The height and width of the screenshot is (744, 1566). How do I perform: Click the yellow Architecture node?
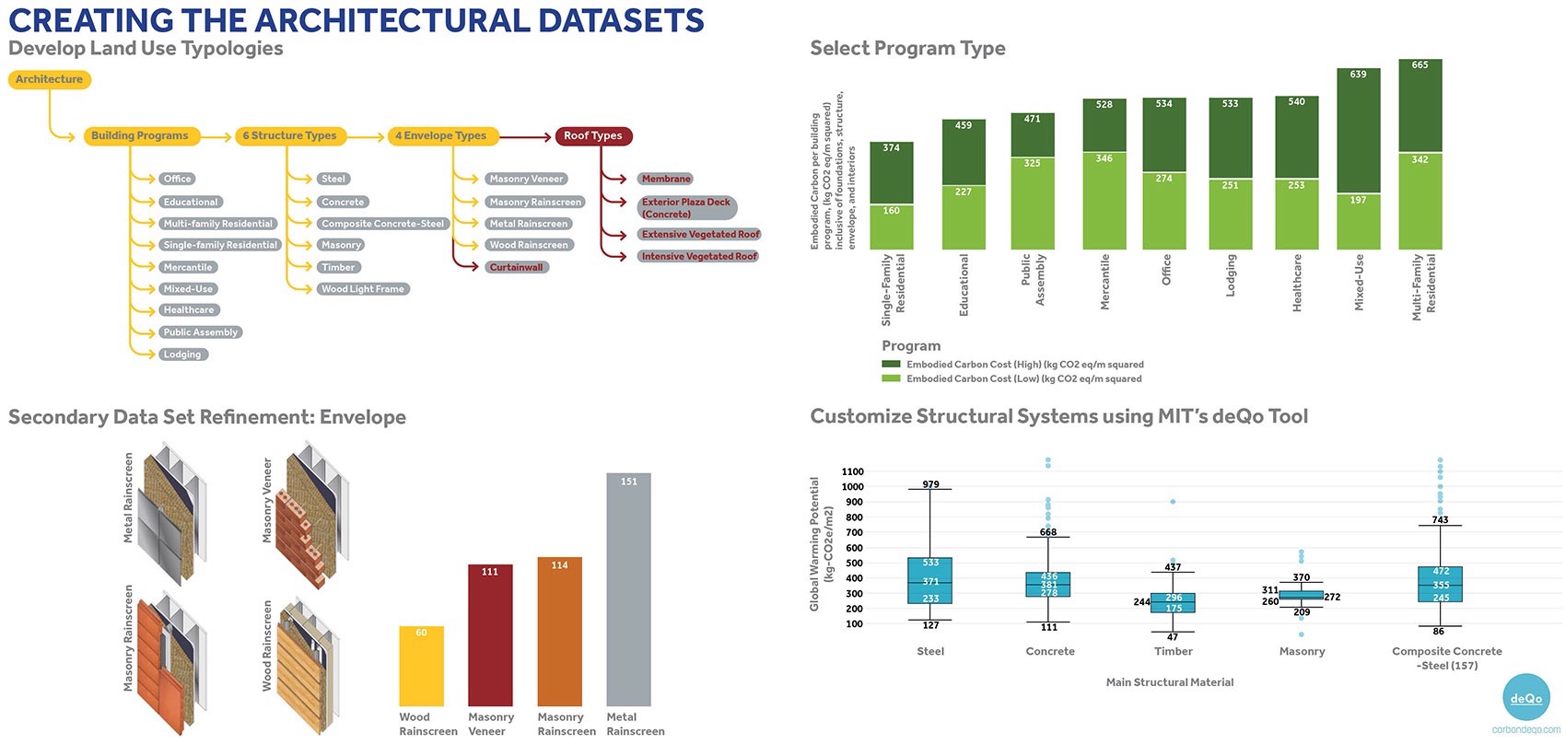[49, 79]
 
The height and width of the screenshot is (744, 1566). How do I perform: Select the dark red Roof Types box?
[592, 135]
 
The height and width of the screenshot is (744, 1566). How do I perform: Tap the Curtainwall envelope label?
[516, 267]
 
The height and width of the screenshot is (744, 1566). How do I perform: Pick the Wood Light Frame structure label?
[362, 289]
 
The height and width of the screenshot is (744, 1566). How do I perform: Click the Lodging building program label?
[181, 355]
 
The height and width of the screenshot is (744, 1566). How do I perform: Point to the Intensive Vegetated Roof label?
[698, 256]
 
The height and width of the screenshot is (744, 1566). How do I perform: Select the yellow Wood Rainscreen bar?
[421, 667]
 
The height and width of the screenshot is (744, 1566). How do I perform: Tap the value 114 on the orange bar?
[559, 565]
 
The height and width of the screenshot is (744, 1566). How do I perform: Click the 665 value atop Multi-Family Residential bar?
[1420, 64]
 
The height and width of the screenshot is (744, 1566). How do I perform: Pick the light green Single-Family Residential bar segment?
[891, 227]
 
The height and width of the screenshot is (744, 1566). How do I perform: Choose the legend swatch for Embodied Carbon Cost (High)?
[891, 365]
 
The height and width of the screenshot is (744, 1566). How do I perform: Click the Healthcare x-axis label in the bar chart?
[1297, 283]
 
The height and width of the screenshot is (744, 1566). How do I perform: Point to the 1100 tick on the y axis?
[852, 471]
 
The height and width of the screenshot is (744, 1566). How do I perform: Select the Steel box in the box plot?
[929, 581]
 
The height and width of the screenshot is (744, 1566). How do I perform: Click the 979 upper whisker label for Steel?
[930, 484]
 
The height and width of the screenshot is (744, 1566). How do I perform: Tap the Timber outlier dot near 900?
[1173, 502]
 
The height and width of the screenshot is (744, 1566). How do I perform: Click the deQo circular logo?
[1525, 698]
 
